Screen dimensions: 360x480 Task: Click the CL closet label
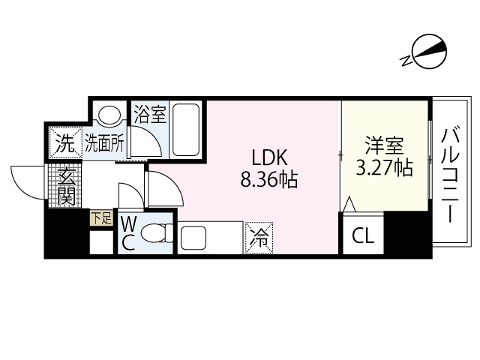(362, 238)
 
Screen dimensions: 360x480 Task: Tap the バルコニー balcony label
(450, 175)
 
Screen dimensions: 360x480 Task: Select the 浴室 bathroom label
(149, 115)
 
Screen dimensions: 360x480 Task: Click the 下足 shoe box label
(100, 218)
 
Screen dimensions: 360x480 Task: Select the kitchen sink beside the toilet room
(192, 239)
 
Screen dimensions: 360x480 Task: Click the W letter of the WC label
(127, 225)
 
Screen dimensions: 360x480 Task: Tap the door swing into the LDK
(163, 189)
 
